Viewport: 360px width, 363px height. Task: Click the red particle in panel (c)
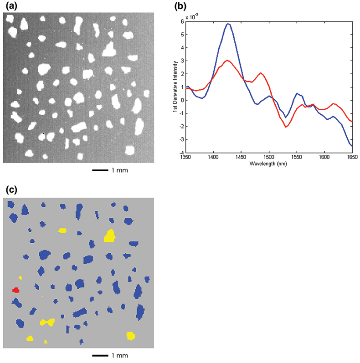[16, 290]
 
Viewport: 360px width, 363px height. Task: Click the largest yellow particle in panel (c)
[109, 236]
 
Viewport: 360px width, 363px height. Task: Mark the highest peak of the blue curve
[228, 24]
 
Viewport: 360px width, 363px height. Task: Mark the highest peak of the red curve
[228, 60]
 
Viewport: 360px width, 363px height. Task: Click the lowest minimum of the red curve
[286, 127]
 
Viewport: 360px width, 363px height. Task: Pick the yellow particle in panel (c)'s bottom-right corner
[131, 336]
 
